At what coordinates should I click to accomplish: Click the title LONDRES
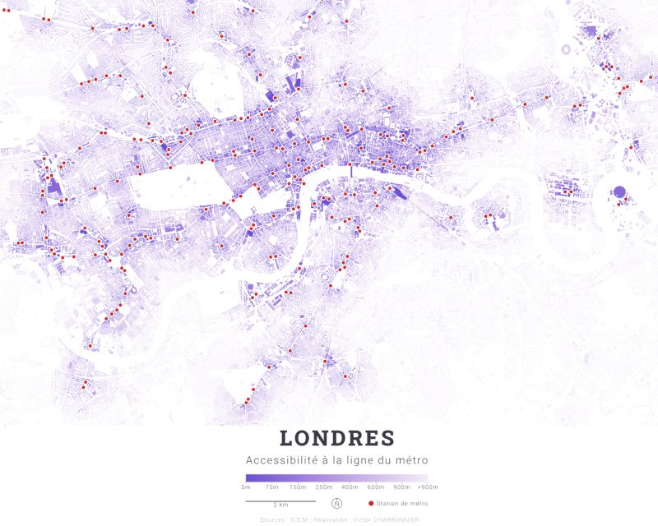(x=336, y=439)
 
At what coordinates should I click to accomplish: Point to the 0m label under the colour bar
(x=246, y=487)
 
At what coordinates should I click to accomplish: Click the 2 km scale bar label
(x=280, y=505)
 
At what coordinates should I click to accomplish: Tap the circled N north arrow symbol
(x=336, y=504)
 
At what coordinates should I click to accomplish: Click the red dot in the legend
(x=371, y=503)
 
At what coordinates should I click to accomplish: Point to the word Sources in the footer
(x=271, y=519)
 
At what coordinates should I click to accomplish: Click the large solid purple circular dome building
(x=619, y=194)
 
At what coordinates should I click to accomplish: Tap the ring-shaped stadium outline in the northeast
(x=565, y=49)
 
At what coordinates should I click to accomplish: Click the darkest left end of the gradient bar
(x=248, y=478)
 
